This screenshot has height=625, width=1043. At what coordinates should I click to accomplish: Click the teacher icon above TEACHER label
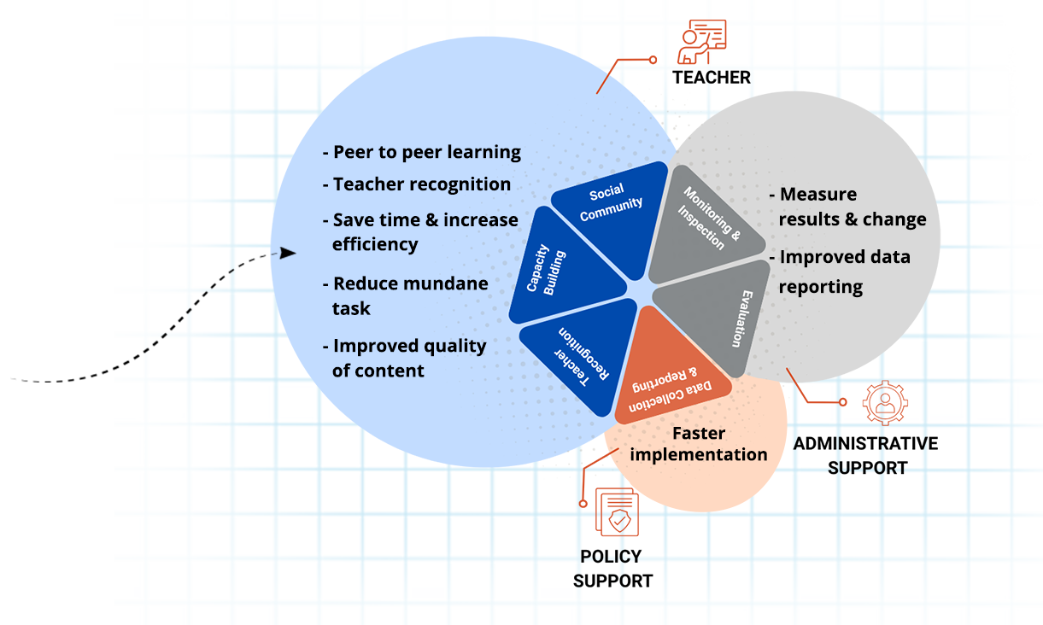[x=701, y=42]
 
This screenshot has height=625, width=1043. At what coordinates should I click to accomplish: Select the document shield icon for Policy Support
[x=617, y=513]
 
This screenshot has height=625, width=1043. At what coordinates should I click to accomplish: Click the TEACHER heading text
[x=711, y=78]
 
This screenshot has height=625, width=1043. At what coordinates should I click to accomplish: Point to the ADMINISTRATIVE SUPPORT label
[x=866, y=455]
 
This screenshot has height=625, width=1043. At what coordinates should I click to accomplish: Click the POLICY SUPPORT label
[x=612, y=569]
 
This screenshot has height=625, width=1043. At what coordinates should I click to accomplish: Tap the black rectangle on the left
[x=62, y=314]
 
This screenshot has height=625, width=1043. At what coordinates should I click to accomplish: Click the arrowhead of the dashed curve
[x=289, y=253]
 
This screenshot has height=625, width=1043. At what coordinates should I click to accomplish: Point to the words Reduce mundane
[x=410, y=283]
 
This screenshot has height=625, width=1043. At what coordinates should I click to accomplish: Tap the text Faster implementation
[x=699, y=444]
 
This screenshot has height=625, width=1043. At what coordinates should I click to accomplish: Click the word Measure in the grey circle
[x=817, y=194]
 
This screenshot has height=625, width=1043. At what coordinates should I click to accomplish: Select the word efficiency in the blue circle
[x=375, y=244]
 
